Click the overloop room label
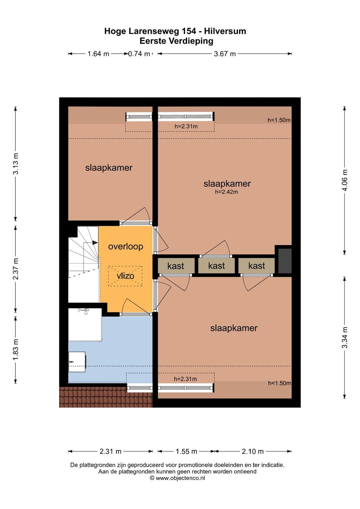point(126,247)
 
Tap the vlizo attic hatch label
point(125,276)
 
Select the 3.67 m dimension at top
point(225,54)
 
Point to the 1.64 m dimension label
point(98,54)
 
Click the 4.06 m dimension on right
point(345,180)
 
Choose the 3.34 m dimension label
point(345,337)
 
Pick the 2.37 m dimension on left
point(15,269)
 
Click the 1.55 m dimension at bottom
point(186,451)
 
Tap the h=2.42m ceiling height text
point(227,192)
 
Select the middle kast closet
point(217,265)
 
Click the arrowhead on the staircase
point(95,243)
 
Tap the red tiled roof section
point(106,397)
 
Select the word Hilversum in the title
point(225,31)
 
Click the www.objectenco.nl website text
point(180,478)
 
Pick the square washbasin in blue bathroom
point(77,362)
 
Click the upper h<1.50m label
point(279,120)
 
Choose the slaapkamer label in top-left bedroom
point(109,168)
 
